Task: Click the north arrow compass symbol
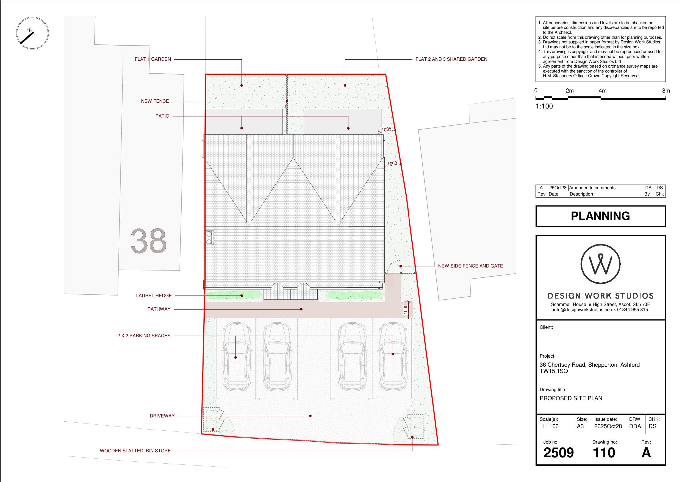pyautogui.click(x=32, y=33)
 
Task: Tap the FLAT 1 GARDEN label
pyautogui.click(x=153, y=59)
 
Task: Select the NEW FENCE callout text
pyautogui.click(x=155, y=101)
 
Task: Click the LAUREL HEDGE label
pyautogui.click(x=154, y=296)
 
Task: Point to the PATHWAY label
pyautogui.click(x=159, y=309)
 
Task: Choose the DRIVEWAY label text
pyautogui.click(x=162, y=416)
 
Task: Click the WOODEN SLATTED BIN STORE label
pyautogui.click(x=135, y=450)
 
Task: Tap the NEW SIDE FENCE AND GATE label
pyautogui.click(x=470, y=266)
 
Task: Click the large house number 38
pyautogui.click(x=149, y=241)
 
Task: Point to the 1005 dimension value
pyautogui.click(x=386, y=129)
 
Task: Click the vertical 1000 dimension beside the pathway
pyautogui.click(x=406, y=310)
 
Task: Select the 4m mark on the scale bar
pyautogui.click(x=602, y=91)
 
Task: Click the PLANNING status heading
pyautogui.click(x=600, y=216)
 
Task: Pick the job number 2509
pyautogui.click(x=558, y=453)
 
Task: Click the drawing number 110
pyautogui.click(x=604, y=453)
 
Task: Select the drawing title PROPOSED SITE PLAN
pyautogui.click(x=571, y=398)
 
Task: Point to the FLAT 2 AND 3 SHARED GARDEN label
pyautogui.click(x=451, y=59)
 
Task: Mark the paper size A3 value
pyautogui.click(x=580, y=426)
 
